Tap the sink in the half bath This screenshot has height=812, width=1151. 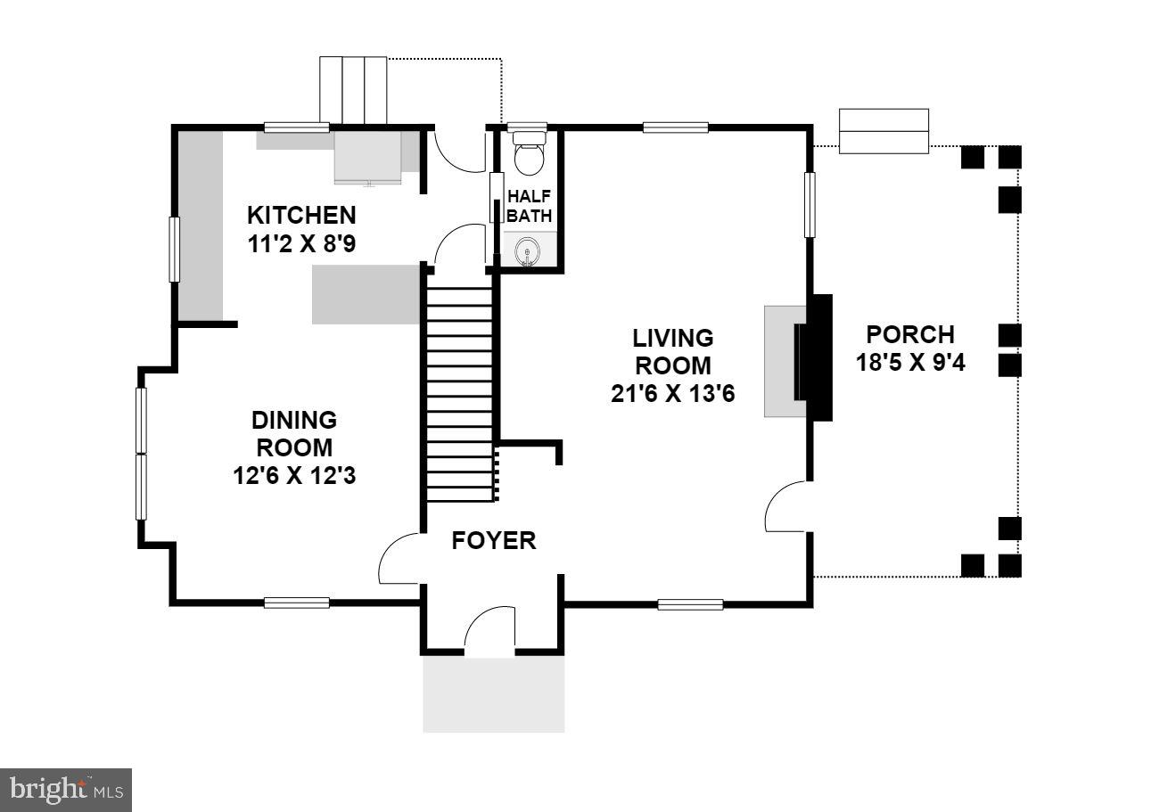coord(529,252)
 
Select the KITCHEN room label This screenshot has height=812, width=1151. coord(301,215)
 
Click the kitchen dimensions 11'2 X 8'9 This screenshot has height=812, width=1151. coord(301,243)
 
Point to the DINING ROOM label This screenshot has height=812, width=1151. coord(293,433)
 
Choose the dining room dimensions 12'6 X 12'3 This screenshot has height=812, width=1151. coord(293,476)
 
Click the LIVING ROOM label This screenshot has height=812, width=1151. coord(672,351)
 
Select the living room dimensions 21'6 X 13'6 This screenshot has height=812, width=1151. coord(672,393)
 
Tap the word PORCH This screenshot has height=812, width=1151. coord(910,334)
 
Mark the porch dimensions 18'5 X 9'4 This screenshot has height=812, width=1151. coord(910,364)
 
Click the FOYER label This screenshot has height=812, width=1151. coord(494,540)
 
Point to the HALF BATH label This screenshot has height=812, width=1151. coord(530,206)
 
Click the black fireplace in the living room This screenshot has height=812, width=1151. coord(815,357)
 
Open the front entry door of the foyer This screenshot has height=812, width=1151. coord(489,632)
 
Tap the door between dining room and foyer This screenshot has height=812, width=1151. coord(400,559)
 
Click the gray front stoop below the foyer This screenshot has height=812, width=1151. coord(493,695)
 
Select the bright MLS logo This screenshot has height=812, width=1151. coord(66,790)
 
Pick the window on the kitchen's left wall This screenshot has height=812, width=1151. coord(176,249)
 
